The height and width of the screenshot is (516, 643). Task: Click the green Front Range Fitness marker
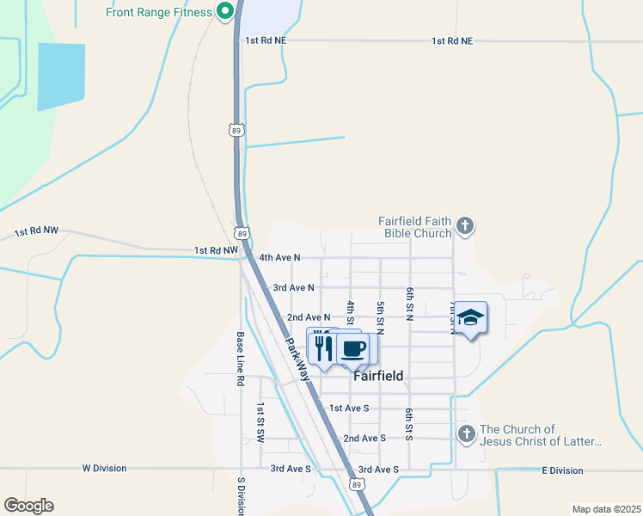click(225, 12)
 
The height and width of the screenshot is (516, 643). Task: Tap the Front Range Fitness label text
click(159, 12)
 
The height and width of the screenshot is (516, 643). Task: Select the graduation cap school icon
click(470, 318)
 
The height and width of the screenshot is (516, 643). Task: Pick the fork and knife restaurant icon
click(322, 347)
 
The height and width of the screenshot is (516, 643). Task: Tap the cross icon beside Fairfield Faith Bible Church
click(465, 226)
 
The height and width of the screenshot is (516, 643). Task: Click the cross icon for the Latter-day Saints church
click(466, 433)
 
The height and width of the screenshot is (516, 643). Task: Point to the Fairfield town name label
click(378, 376)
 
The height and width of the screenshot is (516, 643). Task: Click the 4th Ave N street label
click(280, 257)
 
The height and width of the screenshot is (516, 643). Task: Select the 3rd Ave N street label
click(293, 287)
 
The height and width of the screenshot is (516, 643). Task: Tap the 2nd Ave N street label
click(309, 317)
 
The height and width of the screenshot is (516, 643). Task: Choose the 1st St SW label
click(259, 423)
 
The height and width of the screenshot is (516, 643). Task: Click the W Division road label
click(104, 469)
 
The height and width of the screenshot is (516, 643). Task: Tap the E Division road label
click(562, 470)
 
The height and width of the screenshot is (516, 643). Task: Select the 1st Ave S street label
click(349, 408)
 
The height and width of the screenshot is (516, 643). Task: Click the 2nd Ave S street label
click(364, 439)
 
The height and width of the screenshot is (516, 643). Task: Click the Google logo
click(28, 506)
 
